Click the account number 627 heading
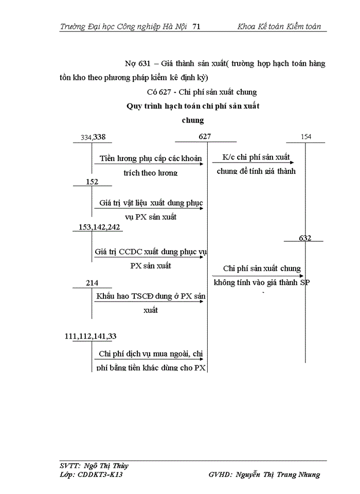point(205,136)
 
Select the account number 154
point(306,137)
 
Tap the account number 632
point(305,238)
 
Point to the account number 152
point(92,182)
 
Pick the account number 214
point(92,283)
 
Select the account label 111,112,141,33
point(91,336)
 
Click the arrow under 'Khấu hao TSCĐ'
point(149,302)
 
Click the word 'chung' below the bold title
point(193,120)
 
